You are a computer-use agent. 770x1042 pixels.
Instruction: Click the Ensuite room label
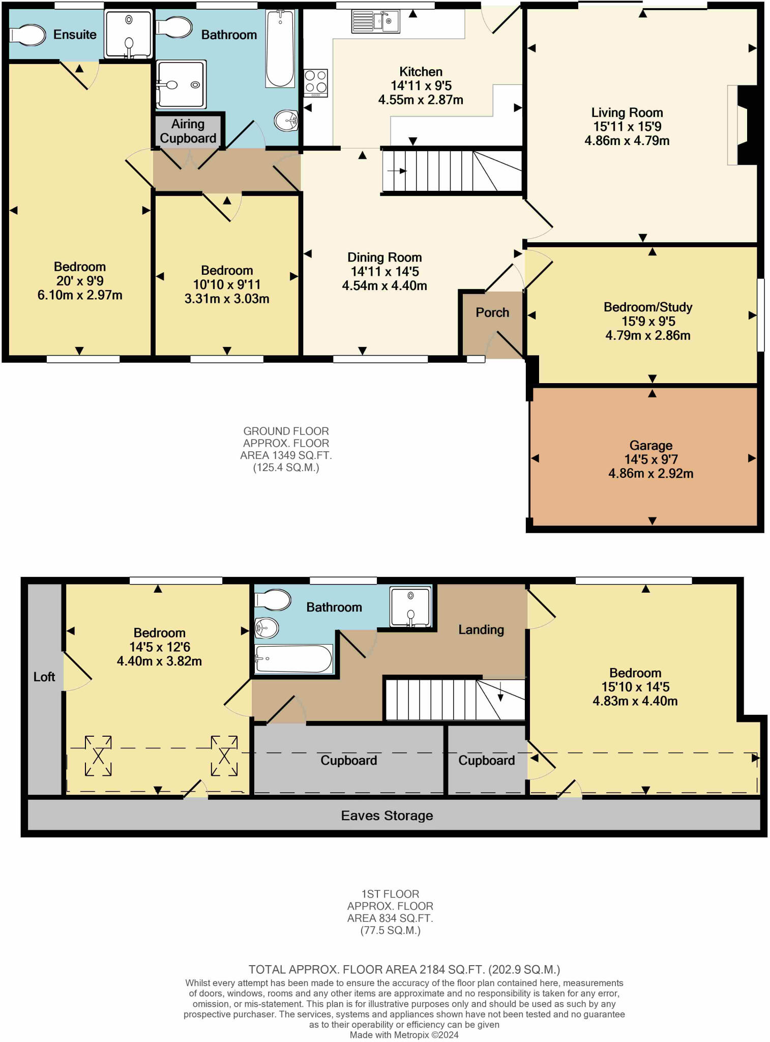tap(75, 35)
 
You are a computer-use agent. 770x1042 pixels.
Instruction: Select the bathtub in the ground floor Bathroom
tap(280, 48)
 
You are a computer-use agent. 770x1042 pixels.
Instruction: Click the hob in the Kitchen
tap(315, 83)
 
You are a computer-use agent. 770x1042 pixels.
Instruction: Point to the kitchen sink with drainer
tap(375, 22)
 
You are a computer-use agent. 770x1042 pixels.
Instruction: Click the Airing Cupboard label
tap(188, 131)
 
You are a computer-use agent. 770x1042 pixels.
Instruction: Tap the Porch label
tap(492, 312)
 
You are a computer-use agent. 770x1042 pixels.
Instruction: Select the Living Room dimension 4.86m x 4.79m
tap(627, 141)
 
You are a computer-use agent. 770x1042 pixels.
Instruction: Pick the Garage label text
tap(650, 446)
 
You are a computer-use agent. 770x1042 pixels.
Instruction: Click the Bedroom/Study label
tap(647, 307)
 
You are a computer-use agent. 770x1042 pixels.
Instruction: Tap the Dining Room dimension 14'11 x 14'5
tap(384, 272)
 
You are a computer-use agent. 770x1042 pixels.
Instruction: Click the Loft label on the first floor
tap(44, 677)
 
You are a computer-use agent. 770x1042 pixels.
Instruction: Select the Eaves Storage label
tap(387, 816)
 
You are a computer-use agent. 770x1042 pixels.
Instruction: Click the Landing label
tap(481, 630)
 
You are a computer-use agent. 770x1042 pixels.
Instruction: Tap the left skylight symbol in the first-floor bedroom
tap(98, 756)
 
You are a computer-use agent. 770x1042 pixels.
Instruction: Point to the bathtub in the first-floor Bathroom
tap(293, 659)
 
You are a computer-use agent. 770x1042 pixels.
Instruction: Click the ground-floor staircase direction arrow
tap(397, 171)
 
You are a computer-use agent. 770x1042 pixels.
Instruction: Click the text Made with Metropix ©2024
tap(404, 1035)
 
